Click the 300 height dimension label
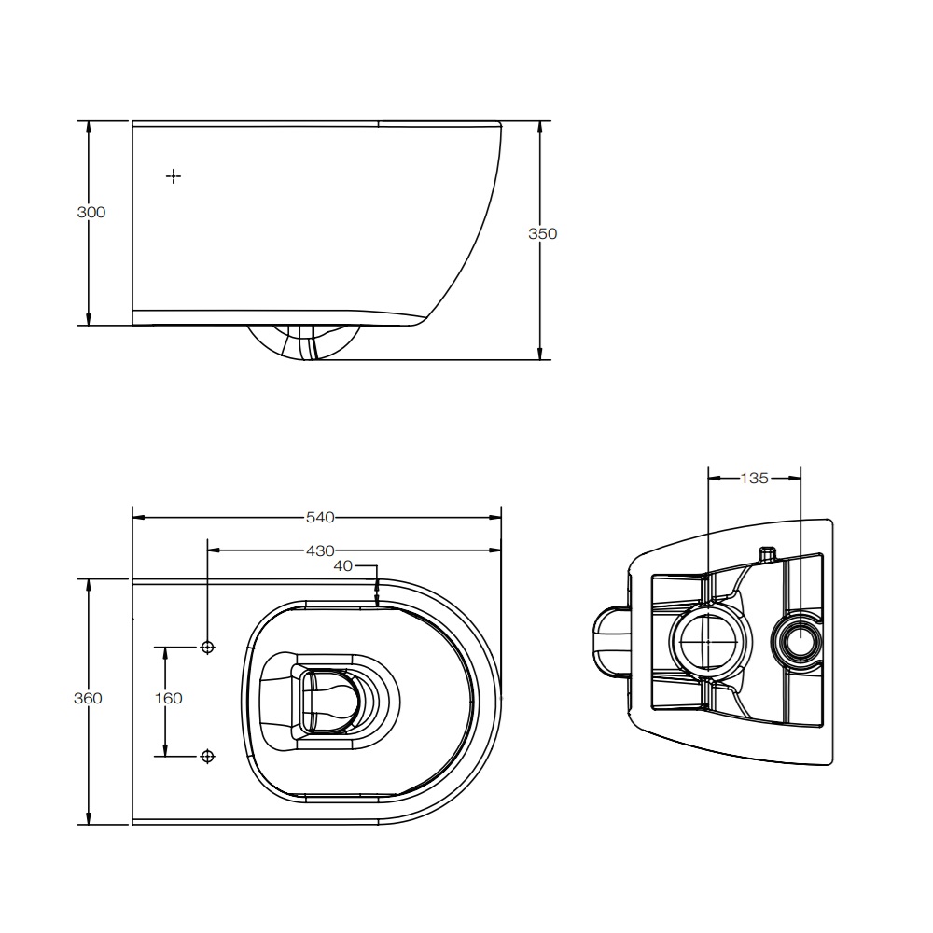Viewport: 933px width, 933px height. (91, 213)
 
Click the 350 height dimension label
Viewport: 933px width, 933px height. (543, 234)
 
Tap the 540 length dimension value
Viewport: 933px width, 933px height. (320, 518)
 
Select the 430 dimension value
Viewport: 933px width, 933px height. (320, 551)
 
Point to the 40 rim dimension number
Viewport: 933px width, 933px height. (342, 566)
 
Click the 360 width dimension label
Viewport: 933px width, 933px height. (88, 698)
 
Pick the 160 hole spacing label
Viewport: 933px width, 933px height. (168, 698)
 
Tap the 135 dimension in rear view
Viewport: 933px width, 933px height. (754, 479)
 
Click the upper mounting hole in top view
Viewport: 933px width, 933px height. (208, 647)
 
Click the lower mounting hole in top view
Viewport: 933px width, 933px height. (208, 757)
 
